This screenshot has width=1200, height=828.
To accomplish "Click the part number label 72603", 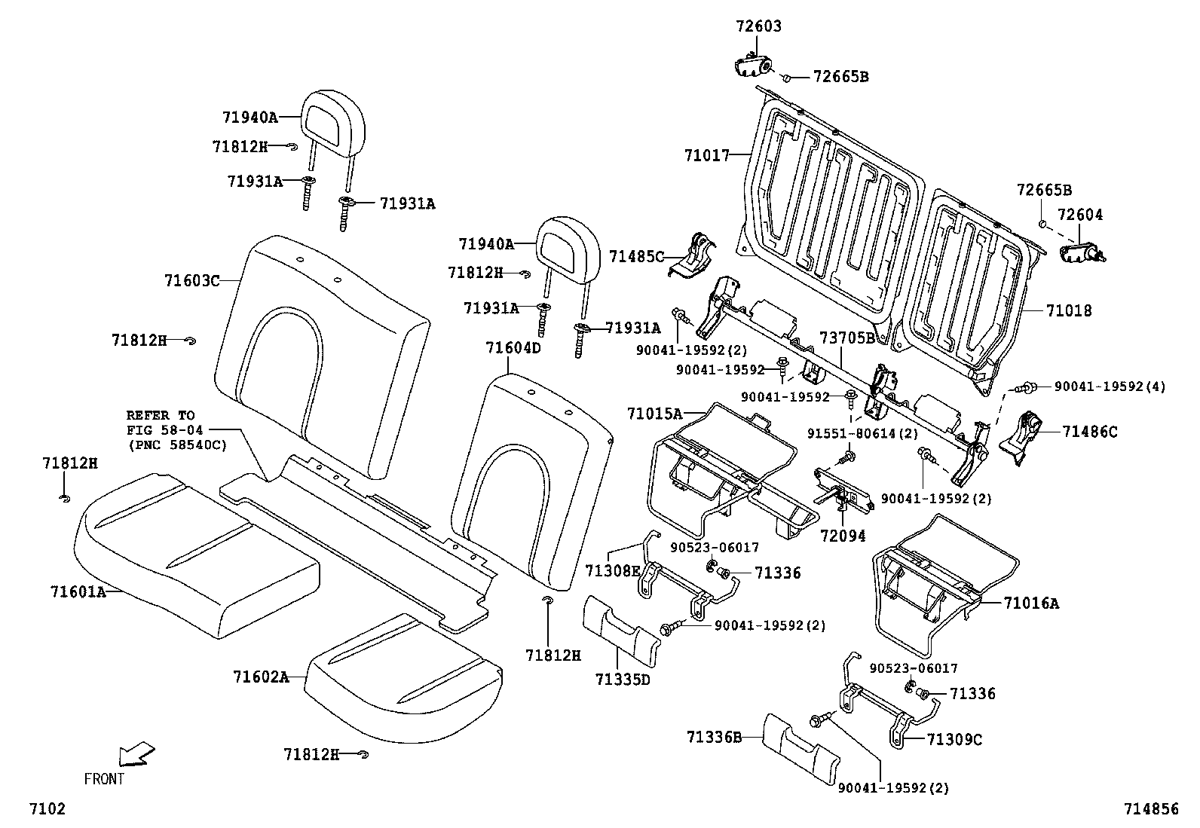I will [758, 26].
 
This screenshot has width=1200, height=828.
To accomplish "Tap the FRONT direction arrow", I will [137, 754].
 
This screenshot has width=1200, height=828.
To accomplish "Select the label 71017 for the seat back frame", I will [706, 156].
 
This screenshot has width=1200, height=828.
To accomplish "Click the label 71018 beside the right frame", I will [1068, 310].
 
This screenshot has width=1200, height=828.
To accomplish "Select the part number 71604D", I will [513, 348].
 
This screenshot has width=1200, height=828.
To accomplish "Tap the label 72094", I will [843, 536].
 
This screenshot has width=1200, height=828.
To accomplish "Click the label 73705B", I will [847, 338].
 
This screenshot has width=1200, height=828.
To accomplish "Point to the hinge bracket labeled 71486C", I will [1024, 435].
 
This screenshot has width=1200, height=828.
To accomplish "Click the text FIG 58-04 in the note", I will [160, 429].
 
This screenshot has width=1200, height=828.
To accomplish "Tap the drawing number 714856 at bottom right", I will [1150, 808].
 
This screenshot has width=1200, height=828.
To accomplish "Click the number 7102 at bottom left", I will [47, 808].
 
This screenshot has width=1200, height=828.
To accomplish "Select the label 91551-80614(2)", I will [862, 434].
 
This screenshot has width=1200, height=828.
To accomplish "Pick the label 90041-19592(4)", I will [1109, 387].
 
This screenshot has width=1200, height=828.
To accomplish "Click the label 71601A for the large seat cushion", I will [78, 591].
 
